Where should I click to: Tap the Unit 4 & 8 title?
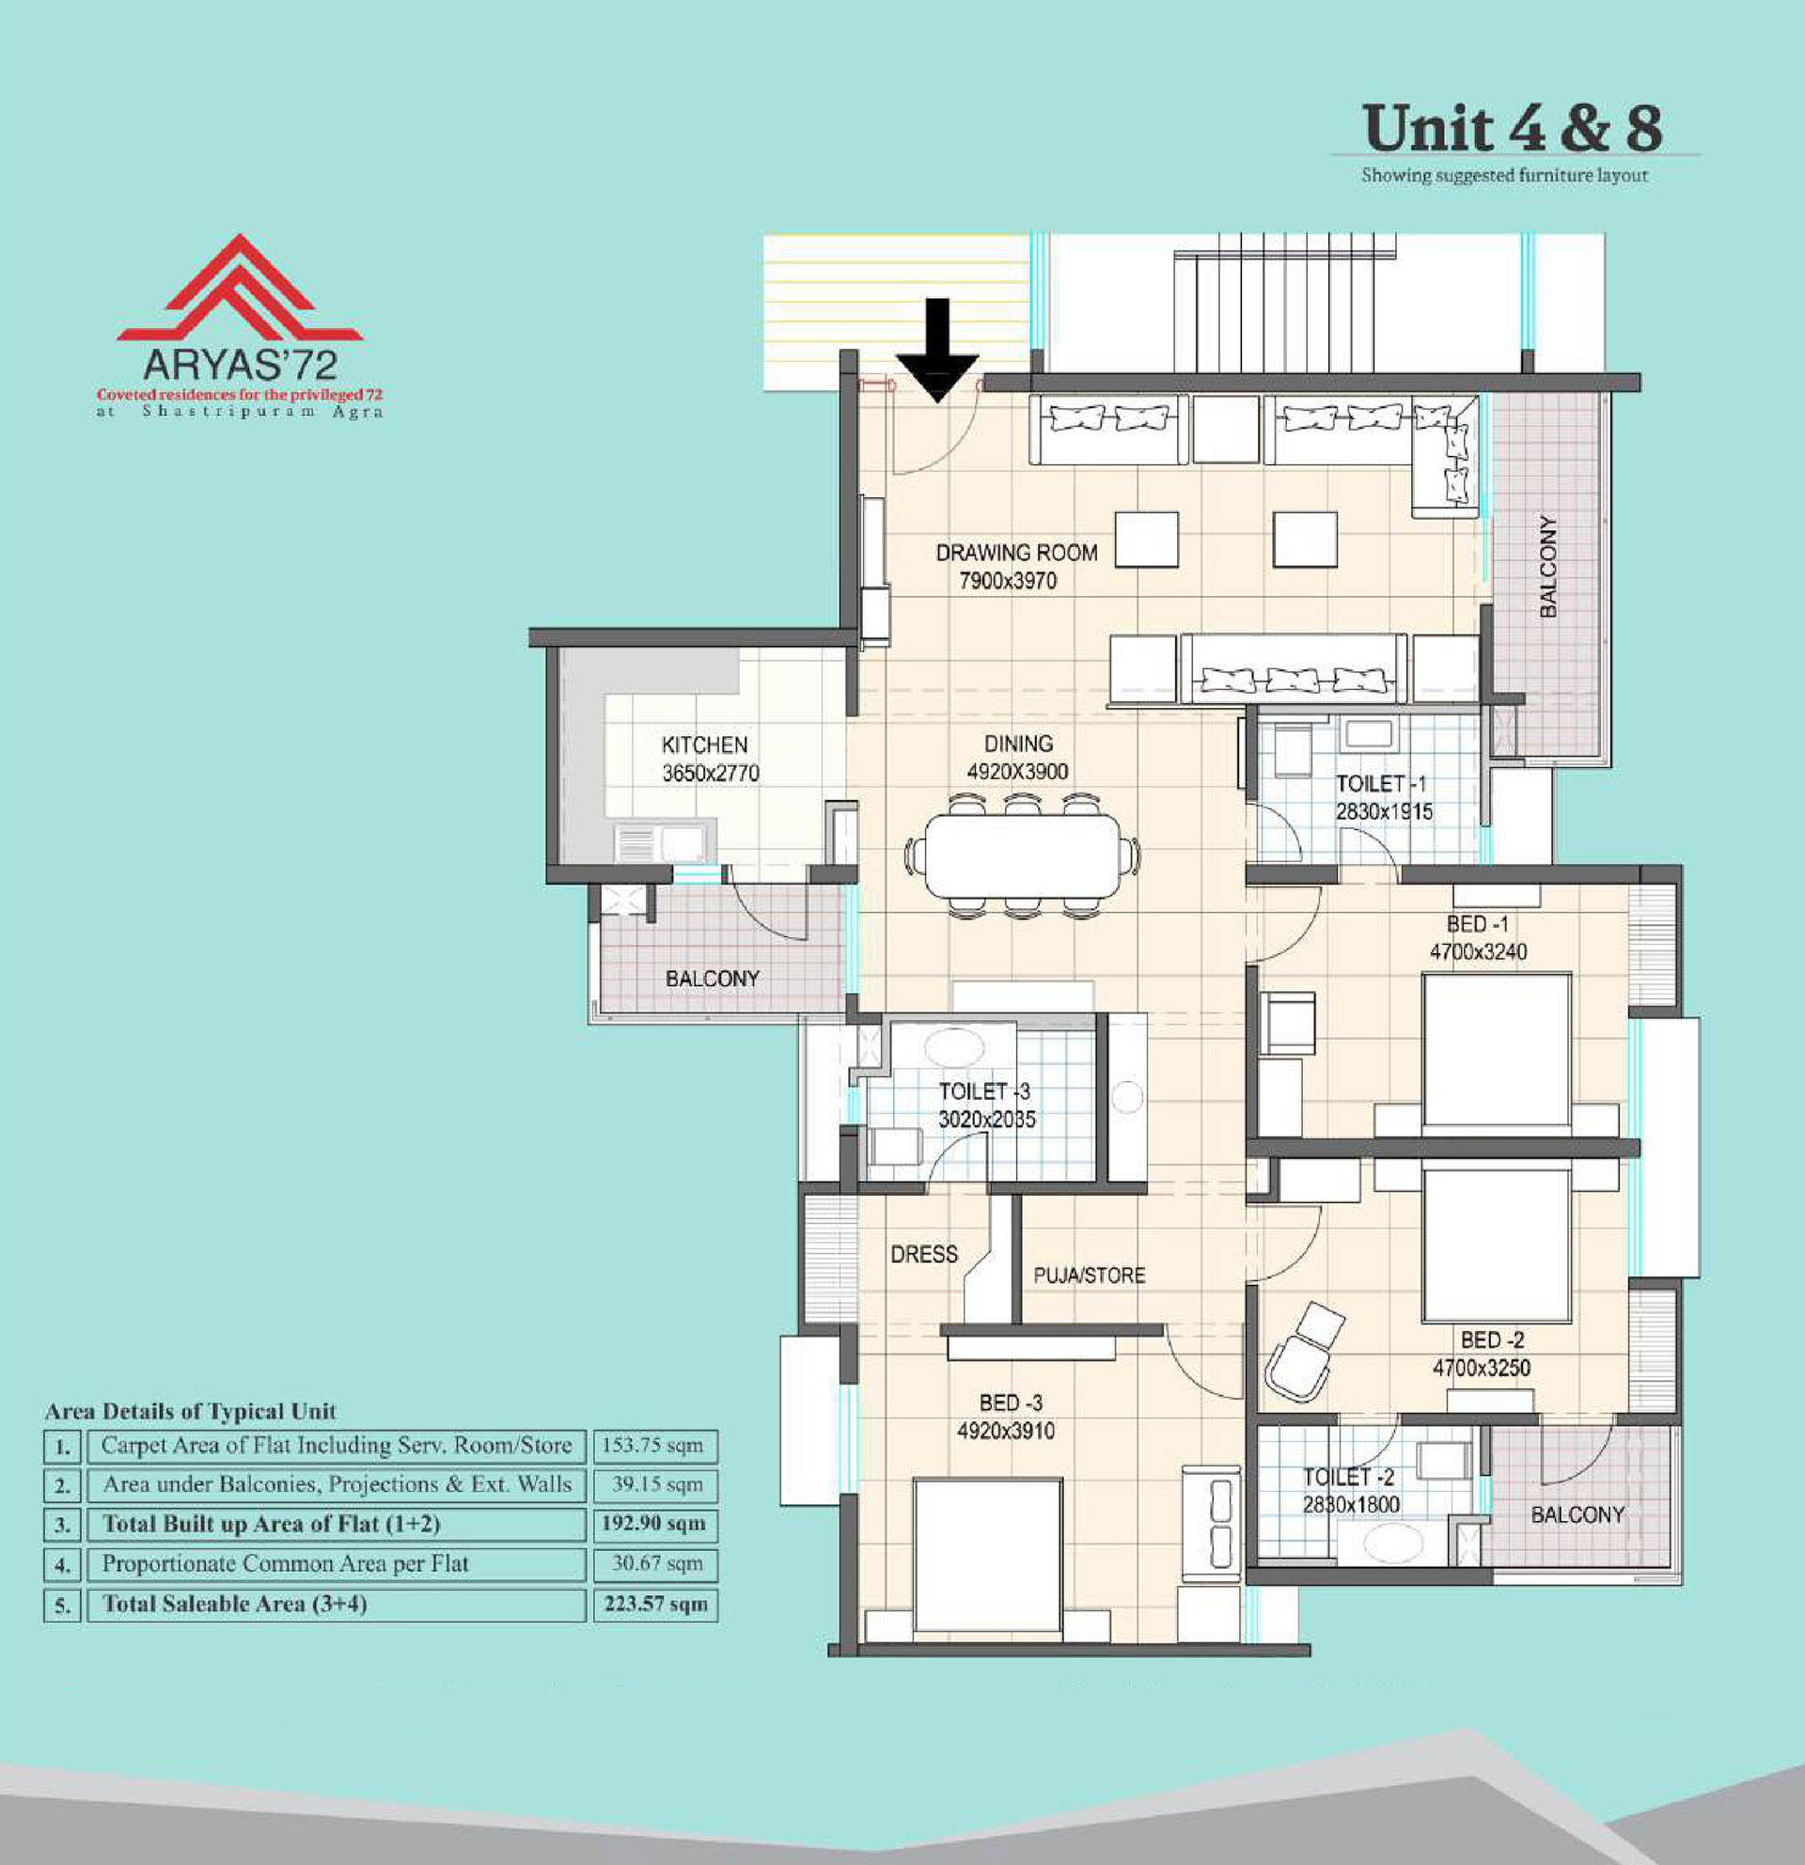(x=1512, y=129)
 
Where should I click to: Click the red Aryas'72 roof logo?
(x=240, y=288)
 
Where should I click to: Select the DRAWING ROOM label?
(x=1016, y=553)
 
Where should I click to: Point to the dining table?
(x=1023, y=855)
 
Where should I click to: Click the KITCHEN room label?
(x=705, y=745)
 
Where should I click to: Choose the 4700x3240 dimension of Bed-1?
(x=1478, y=951)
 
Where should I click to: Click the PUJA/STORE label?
(x=1090, y=1275)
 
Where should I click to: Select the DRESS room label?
(x=924, y=1254)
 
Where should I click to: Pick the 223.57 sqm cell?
(x=655, y=1605)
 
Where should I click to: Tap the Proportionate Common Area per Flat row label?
(x=286, y=1563)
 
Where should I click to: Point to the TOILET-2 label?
(x=1348, y=1477)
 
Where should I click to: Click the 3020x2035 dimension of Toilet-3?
(x=987, y=1119)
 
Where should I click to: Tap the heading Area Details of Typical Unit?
(x=190, y=1411)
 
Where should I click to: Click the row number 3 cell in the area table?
(x=62, y=1525)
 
